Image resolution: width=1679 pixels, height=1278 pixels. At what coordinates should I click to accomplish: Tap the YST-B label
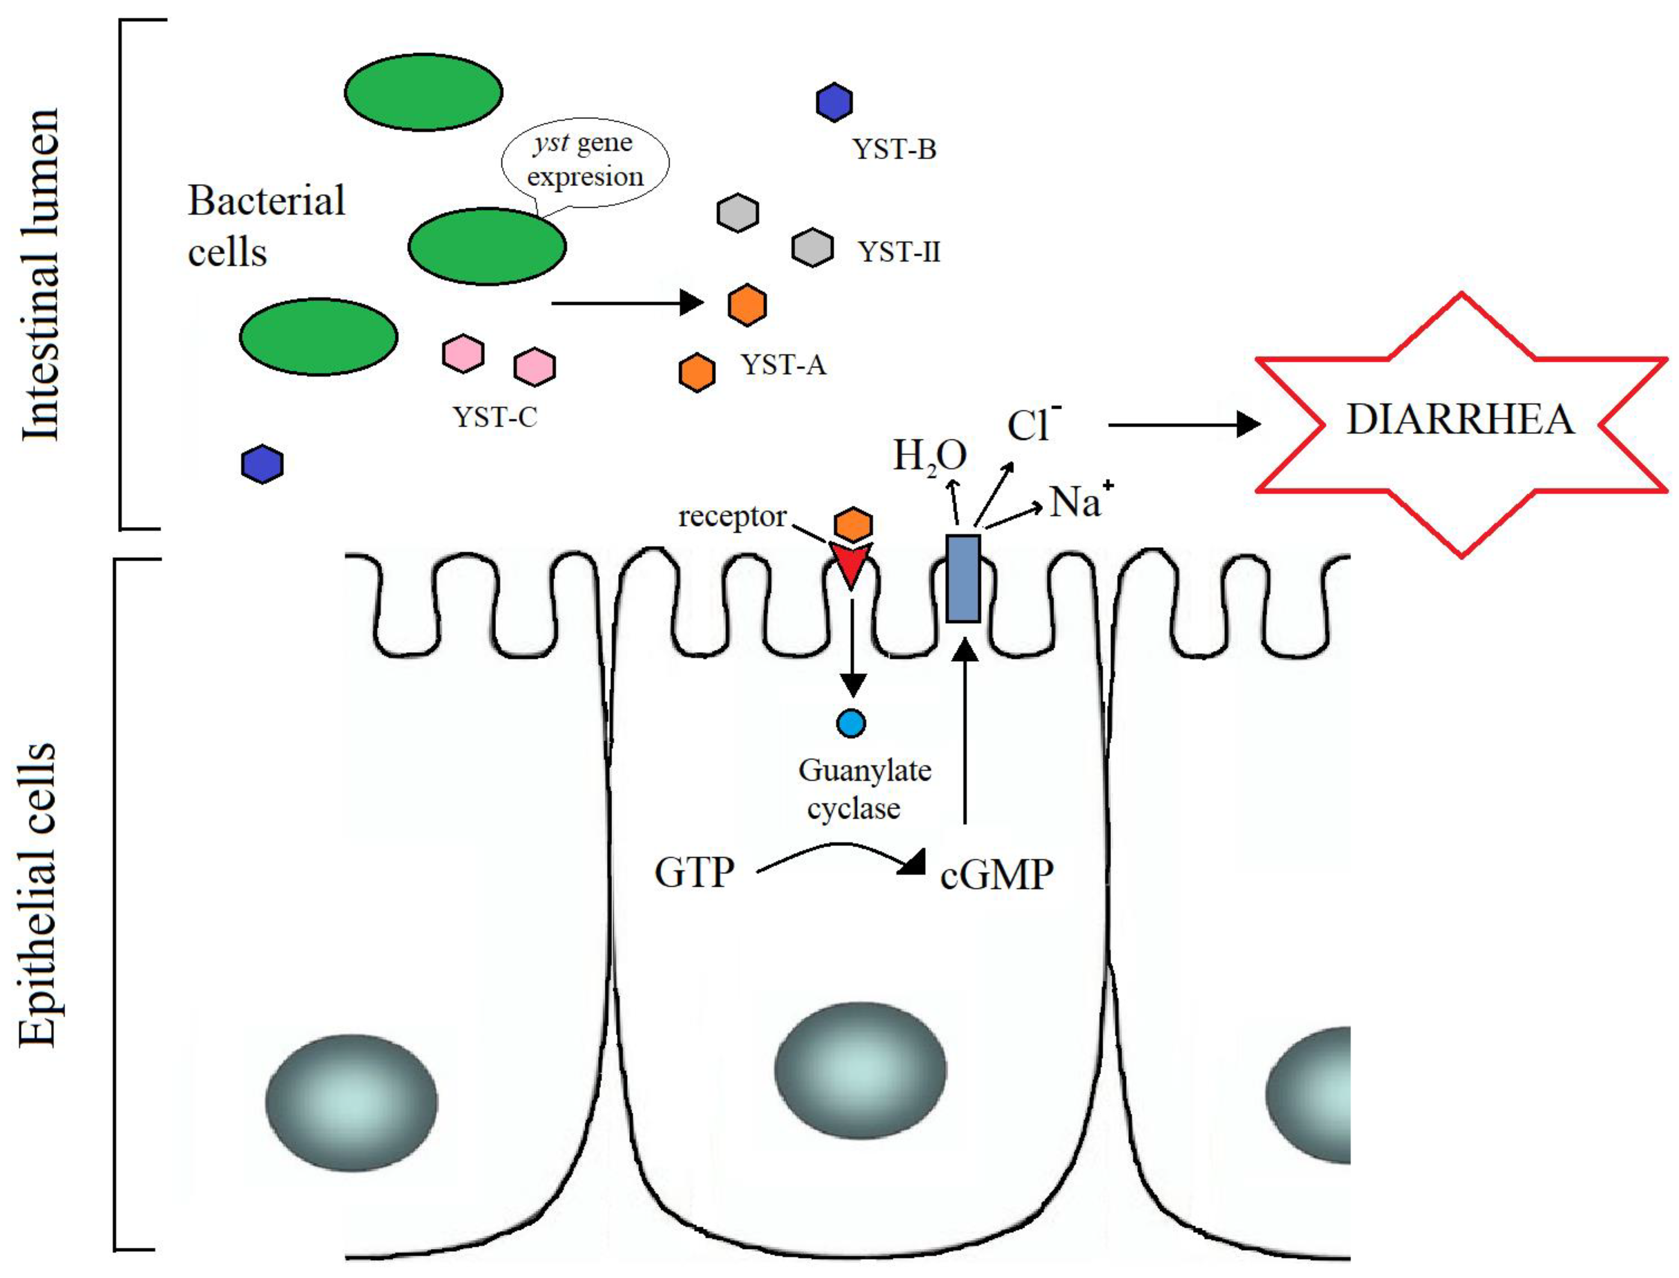pyautogui.click(x=894, y=149)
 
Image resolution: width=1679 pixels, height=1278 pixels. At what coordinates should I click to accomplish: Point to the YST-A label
pyautogui.click(x=783, y=365)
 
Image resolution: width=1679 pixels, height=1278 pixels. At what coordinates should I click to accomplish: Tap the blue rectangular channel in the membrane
pyautogui.click(x=963, y=578)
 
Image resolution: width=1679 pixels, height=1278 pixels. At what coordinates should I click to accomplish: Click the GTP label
pyautogui.click(x=694, y=873)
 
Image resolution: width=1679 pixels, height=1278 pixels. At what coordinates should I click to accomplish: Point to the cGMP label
pyautogui.click(x=996, y=875)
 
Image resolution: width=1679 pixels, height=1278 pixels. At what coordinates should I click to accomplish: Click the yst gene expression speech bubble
pyautogui.click(x=585, y=161)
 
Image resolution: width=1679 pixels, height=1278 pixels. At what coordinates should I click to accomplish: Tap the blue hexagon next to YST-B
pyautogui.click(x=834, y=102)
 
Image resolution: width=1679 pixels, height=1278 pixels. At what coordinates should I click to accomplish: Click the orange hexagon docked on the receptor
pyautogui.click(x=853, y=525)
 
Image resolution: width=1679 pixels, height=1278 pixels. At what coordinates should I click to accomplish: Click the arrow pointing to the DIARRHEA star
pyautogui.click(x=1183, y=424)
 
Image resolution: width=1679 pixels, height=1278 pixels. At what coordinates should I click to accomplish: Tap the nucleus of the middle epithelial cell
pyautogui.click(x=860, y=1069)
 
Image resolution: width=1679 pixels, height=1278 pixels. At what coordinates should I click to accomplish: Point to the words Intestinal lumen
pyautogui.click(x=39, y=274)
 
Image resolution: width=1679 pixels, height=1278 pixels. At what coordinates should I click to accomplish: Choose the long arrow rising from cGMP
pyautogui.click(x=965, y=730)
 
